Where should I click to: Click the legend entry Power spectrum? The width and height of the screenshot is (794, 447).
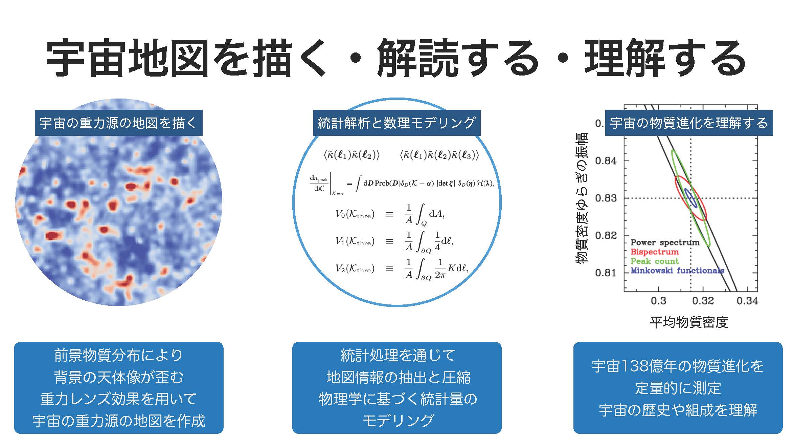point(665,242)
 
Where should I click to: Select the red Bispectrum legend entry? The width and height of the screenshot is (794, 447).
point(655,252)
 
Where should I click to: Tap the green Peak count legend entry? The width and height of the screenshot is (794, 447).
point(655,261)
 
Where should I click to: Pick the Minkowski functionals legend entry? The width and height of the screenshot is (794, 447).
point(677,270)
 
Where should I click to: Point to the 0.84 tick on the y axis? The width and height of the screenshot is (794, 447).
point(606,161)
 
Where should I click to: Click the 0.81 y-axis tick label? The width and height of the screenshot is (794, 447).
point(606,273)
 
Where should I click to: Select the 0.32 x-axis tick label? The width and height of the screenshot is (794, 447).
point(703,301)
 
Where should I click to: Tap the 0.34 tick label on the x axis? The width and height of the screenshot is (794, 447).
point(747,301)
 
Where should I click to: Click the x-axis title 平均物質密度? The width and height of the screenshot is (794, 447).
point(689,322)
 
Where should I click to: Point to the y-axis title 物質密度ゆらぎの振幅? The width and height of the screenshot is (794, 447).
point(582,198)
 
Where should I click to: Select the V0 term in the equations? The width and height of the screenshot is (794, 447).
point(355,214)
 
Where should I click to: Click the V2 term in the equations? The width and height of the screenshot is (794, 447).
point(355,269)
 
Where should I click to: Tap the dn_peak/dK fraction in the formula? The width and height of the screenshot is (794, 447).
point(319,184)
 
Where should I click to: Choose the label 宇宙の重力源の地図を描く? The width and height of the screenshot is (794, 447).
point(118,123)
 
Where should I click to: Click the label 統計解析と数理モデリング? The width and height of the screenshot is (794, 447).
point(397,123)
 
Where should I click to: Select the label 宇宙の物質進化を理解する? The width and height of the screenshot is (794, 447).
point(689,123)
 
